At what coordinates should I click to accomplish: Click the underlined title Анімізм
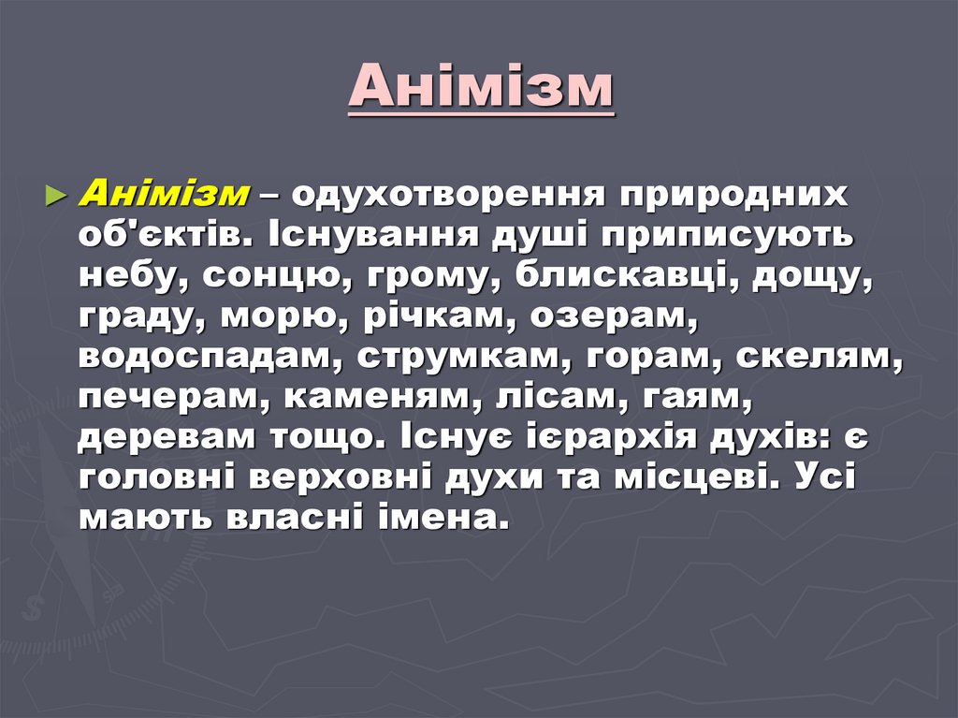click(481, 89)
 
